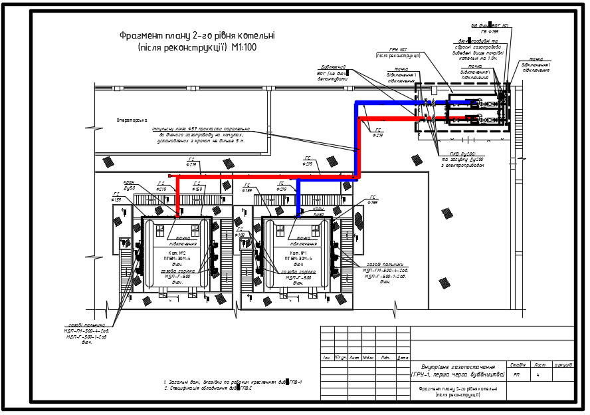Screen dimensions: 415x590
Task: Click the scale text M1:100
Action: pyautogui.click(x=244, y=47)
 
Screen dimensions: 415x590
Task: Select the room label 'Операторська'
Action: pyautogui.click(x=132, y=120)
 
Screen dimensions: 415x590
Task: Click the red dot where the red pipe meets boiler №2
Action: pyautogui.click(x=177, y=216)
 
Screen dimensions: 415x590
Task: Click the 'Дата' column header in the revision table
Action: pyautogui.click(x=402, y=358)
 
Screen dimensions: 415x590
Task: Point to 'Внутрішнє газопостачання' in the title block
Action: pyautogui.click(x=458, y=367)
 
